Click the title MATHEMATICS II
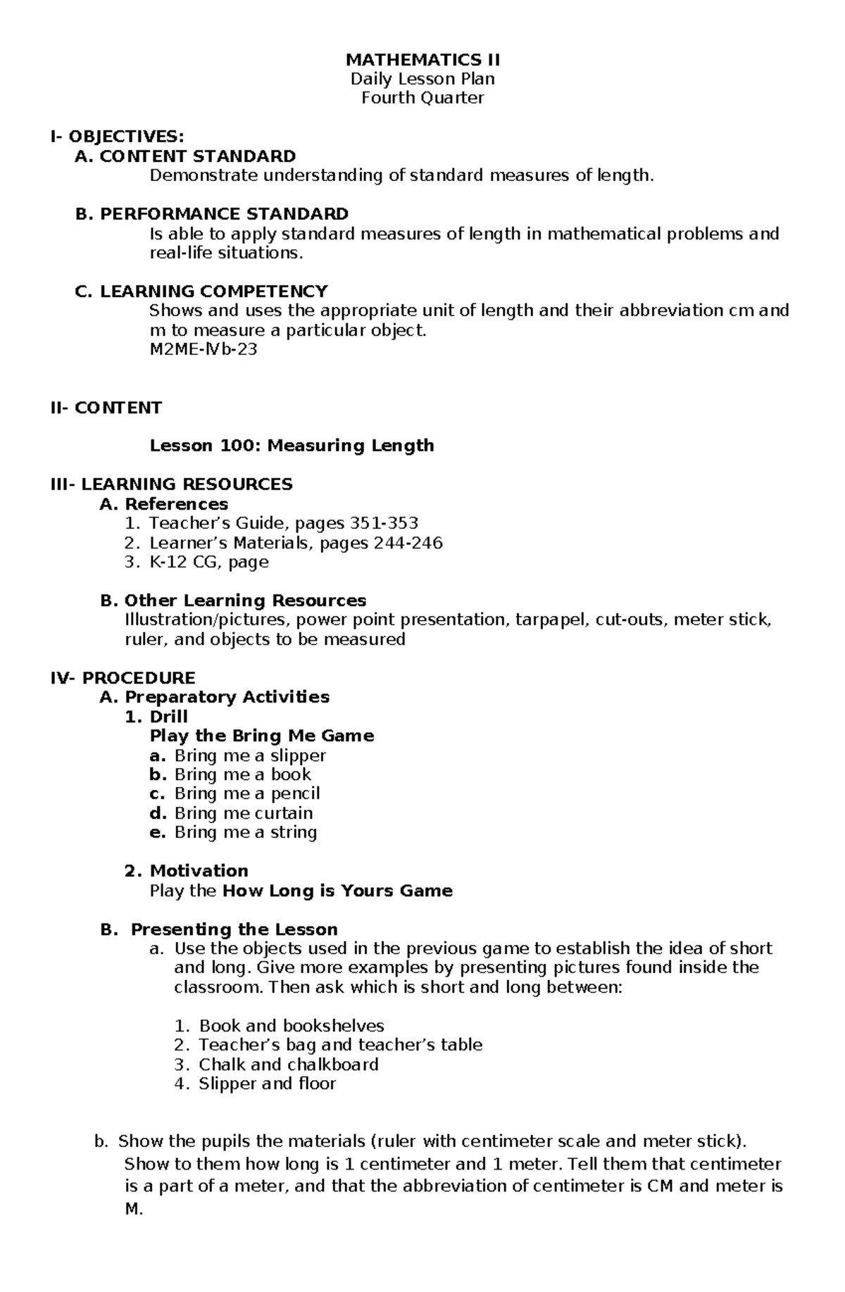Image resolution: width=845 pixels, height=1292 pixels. pyautogui.click(x=423, y=59)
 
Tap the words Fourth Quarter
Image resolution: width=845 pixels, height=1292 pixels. pyautogui.click(x=423, y=98)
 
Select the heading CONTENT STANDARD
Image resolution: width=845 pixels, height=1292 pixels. pyautogui.click(x=197, y=156)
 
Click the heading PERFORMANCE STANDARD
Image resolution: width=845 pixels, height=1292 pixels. pyautogui.click(x=224, y=213)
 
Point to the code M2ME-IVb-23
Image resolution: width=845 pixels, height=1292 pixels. pyautogui.click(x=204, y=349)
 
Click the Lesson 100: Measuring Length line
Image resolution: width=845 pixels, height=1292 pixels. pyautogui.click(x=292, y=446)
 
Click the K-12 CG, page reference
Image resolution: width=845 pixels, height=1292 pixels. pyautogui.click(x=209, y=562)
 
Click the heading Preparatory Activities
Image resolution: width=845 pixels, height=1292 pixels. pyautogui.click(x=227, y=697)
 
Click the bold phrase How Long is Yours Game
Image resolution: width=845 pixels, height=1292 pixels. pyautogui.click(x=337, y=891)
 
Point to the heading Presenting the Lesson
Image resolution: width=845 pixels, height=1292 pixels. pyautogui.click(x=234, y=929)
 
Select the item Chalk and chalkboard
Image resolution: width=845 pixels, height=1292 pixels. pyautogui.click(x=288, y=1064)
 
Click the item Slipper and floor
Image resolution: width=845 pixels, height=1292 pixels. pyautogui.click(x=267, y=1084)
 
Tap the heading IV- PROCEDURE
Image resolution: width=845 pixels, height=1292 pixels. pyautogui.click(x=123, y=678)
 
